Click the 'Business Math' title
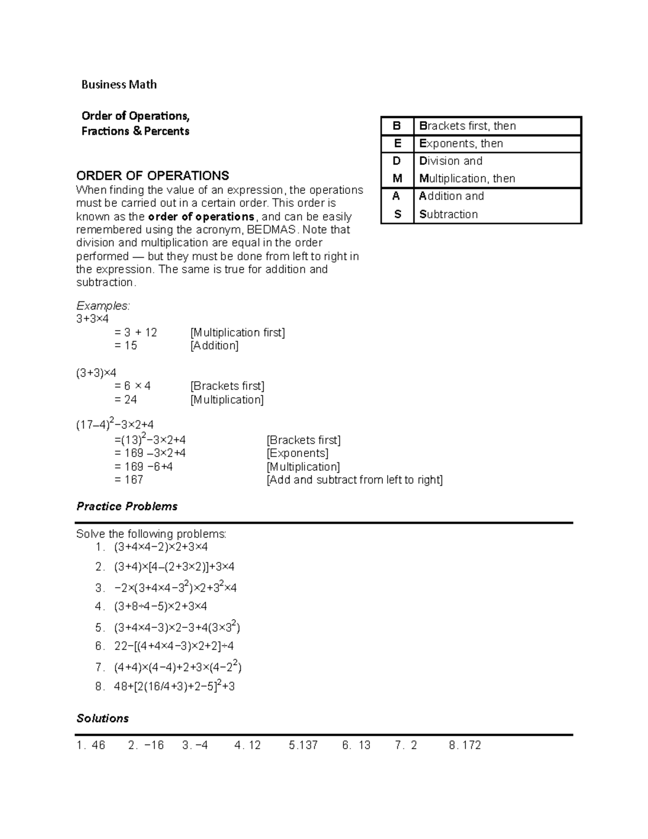point(119,84)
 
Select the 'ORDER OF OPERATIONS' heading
point(152,176)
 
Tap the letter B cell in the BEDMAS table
point(397,126)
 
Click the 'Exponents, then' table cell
point(461,144)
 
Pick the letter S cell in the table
point(397,214)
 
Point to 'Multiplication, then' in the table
point(467,179)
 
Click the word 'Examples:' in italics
point(103,306)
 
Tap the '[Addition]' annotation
point(214,346)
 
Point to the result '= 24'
point(126,400)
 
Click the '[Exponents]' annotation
point(298,453)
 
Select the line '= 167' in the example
point(129,480)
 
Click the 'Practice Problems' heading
point(127,506)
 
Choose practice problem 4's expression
point(160,606)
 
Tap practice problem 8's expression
point(174,687)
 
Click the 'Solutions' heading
point(103,719)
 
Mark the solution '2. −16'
point(146,746)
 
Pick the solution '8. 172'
point(464,746)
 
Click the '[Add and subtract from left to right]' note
point(355,480)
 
